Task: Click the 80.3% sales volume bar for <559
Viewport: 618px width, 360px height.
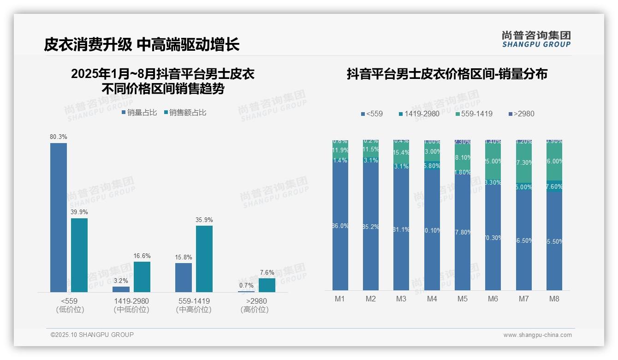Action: tap(59, 217)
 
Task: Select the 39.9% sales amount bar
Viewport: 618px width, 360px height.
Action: tap(79, 255)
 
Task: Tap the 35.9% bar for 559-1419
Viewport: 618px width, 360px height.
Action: tap(204, 258)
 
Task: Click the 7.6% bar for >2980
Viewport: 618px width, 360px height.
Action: tap(267, 285)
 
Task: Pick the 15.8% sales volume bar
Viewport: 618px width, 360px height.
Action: tap(184, 277)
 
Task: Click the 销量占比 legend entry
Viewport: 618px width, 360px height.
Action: tap(139, 113)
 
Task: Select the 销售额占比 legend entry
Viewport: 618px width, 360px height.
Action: tap(184, 113)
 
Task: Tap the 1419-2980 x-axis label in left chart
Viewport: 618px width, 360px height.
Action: tap(131, 301)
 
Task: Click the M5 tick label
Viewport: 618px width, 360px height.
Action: tap(463, 299)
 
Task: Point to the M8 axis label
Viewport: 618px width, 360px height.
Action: tap(554, 299)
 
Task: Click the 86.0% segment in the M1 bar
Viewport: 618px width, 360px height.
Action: tap(340, 226)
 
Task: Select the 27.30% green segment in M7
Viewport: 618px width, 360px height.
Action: tap(524, 163)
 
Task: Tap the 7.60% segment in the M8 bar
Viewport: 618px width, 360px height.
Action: tap(554, 186)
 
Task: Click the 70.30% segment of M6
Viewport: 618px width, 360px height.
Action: tap(493, 238)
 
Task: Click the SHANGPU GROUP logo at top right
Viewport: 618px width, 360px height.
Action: tap(536, 39)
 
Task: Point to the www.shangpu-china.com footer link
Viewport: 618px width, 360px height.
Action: tap(537, 335)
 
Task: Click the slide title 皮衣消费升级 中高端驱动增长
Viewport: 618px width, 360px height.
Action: tap(142, 45)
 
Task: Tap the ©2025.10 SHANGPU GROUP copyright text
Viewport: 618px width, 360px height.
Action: tap(92, 335)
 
